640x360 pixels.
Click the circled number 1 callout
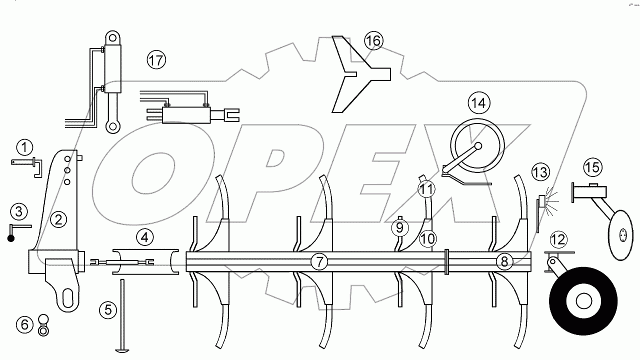point(24,148)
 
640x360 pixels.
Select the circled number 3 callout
point(18,211)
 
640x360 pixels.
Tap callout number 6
point(24,324)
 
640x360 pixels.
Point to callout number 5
point(108,310)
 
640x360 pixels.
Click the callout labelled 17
point(156,60)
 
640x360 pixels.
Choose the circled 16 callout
point(373,40)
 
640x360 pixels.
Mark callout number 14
point(478,103)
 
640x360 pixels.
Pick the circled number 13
point(540,172)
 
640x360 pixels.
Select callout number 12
point(558,239)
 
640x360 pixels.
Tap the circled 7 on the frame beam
point(319,261)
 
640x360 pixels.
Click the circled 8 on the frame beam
point(504,261)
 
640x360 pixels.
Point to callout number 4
point(144,237)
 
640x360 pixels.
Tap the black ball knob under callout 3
point(10,238)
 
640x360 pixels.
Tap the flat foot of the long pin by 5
point(121,350)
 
